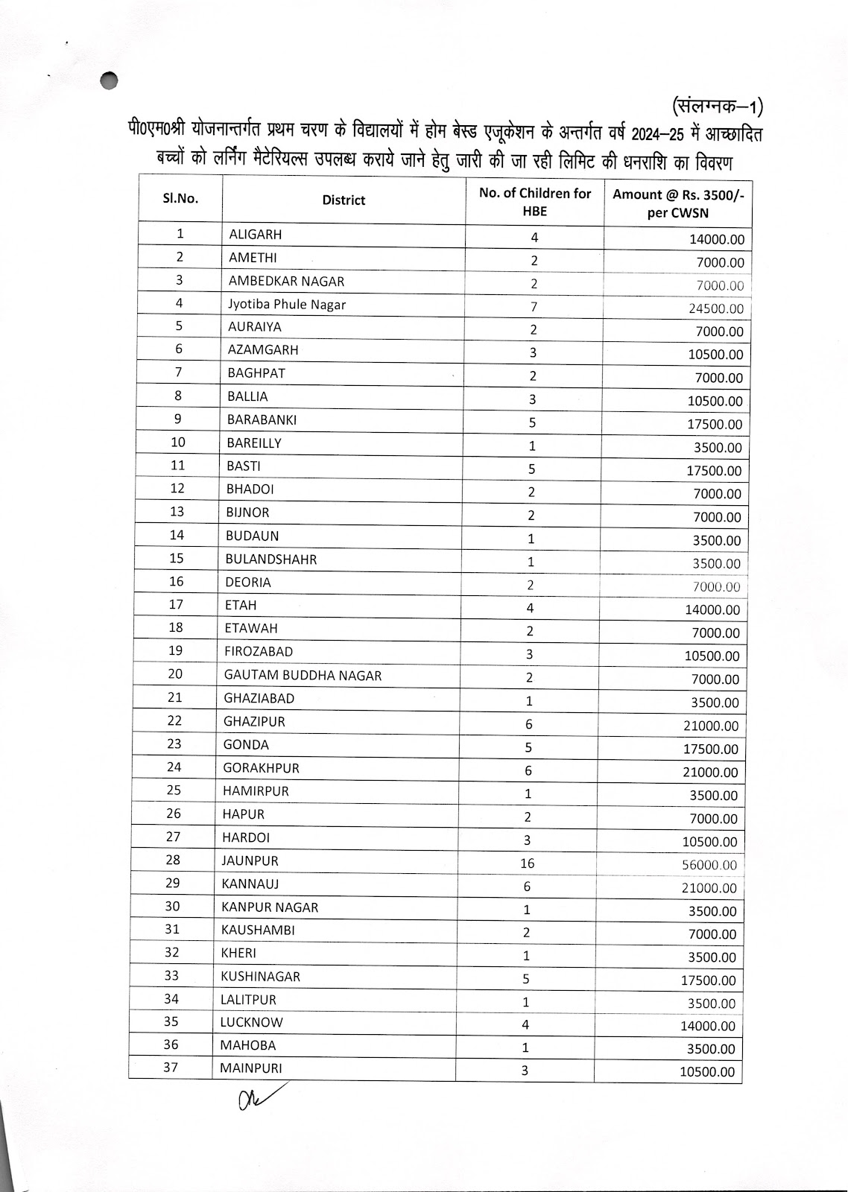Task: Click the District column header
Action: tap(344, 200)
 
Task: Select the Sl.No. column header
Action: tap(180, 199)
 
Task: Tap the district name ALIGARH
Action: tap(256, 235)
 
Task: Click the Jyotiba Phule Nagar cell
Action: tap(287, 304)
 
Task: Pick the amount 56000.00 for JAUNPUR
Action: tap(709, 865)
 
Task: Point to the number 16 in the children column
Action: tap(528, 863)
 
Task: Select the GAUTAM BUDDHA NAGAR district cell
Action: tap(303, 676)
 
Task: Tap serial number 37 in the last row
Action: tap(171, 1068)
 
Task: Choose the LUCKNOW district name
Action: tap(251, 1022)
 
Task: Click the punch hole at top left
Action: tap(110, 79)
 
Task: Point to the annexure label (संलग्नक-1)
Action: tap(717, 106)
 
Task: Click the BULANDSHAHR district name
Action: tap(270, 559)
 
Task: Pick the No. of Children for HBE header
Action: tap(535, 202)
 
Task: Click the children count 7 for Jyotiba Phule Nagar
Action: tap(534, 307)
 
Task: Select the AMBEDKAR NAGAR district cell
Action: tap(286, 281)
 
